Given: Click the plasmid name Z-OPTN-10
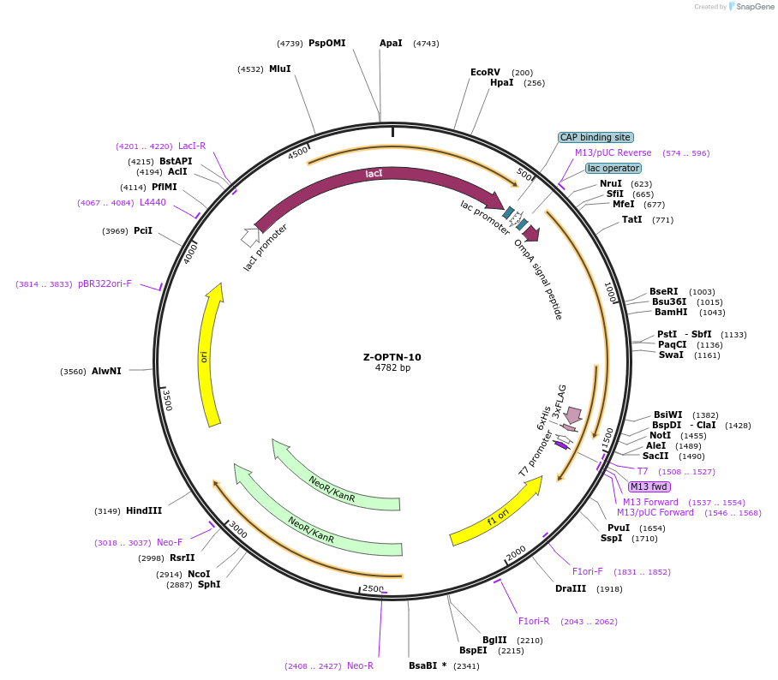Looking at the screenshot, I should pyautogui.click(x=392, y=357).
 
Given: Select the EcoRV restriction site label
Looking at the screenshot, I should pyautogui.click(x=485, y=73).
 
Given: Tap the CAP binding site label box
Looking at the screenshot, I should pyautogui.click(x=595, y=137).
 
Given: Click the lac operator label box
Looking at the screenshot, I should pyautogui.click(x=613, y=169).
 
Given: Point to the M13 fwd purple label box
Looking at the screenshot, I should pyautogui.click(x=649, y=486).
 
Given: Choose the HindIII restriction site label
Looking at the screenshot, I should pyautogui.click(x=144, y=510).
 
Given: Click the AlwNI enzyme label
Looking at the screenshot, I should pyautogui.click(x=106, y=371).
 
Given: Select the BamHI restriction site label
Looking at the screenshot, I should pyautogui.click(x=671, y=312).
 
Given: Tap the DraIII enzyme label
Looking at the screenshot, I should pyautogui.click(x=571, y=588).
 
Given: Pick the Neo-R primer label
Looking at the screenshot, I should pyautogui.click(x=360, y=665).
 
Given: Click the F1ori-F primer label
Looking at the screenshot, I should pyautogui.click(x=588, y=571).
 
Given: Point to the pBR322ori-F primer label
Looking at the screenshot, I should pyautogui.click(x=105, y=283).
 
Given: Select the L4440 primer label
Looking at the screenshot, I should pyautogui.click(x=153, y=202).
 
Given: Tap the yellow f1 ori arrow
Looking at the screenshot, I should pyautogui.click(x=497, y=511).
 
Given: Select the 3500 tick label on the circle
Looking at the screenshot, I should pyautogui.click(x=167, y=401).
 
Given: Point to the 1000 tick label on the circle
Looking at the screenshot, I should pyautogui.click(x=610, y=292).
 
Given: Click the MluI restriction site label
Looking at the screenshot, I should pyautogui.click(x=280, y=69).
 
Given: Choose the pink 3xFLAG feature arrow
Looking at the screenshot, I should pyautogui.click(x=573, y=415).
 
